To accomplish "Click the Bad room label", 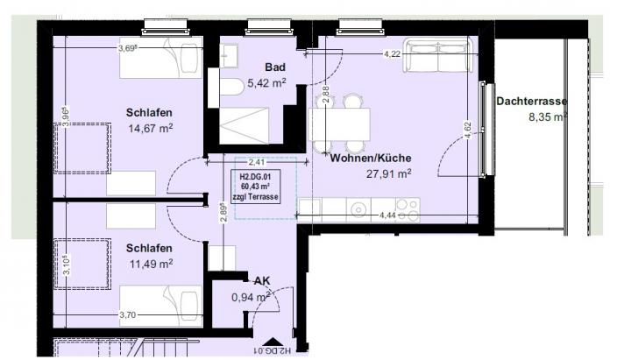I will pyautogui.click(x=276, y=67).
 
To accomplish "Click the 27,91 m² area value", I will pyautogui.click(x=388, y=173).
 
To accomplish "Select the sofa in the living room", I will pyautogui.click(x=437, y=57).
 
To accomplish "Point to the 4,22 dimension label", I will pyautogui.click(x=394, y=54).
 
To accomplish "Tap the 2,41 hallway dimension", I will pyautogui.click(x=256, y=162).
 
